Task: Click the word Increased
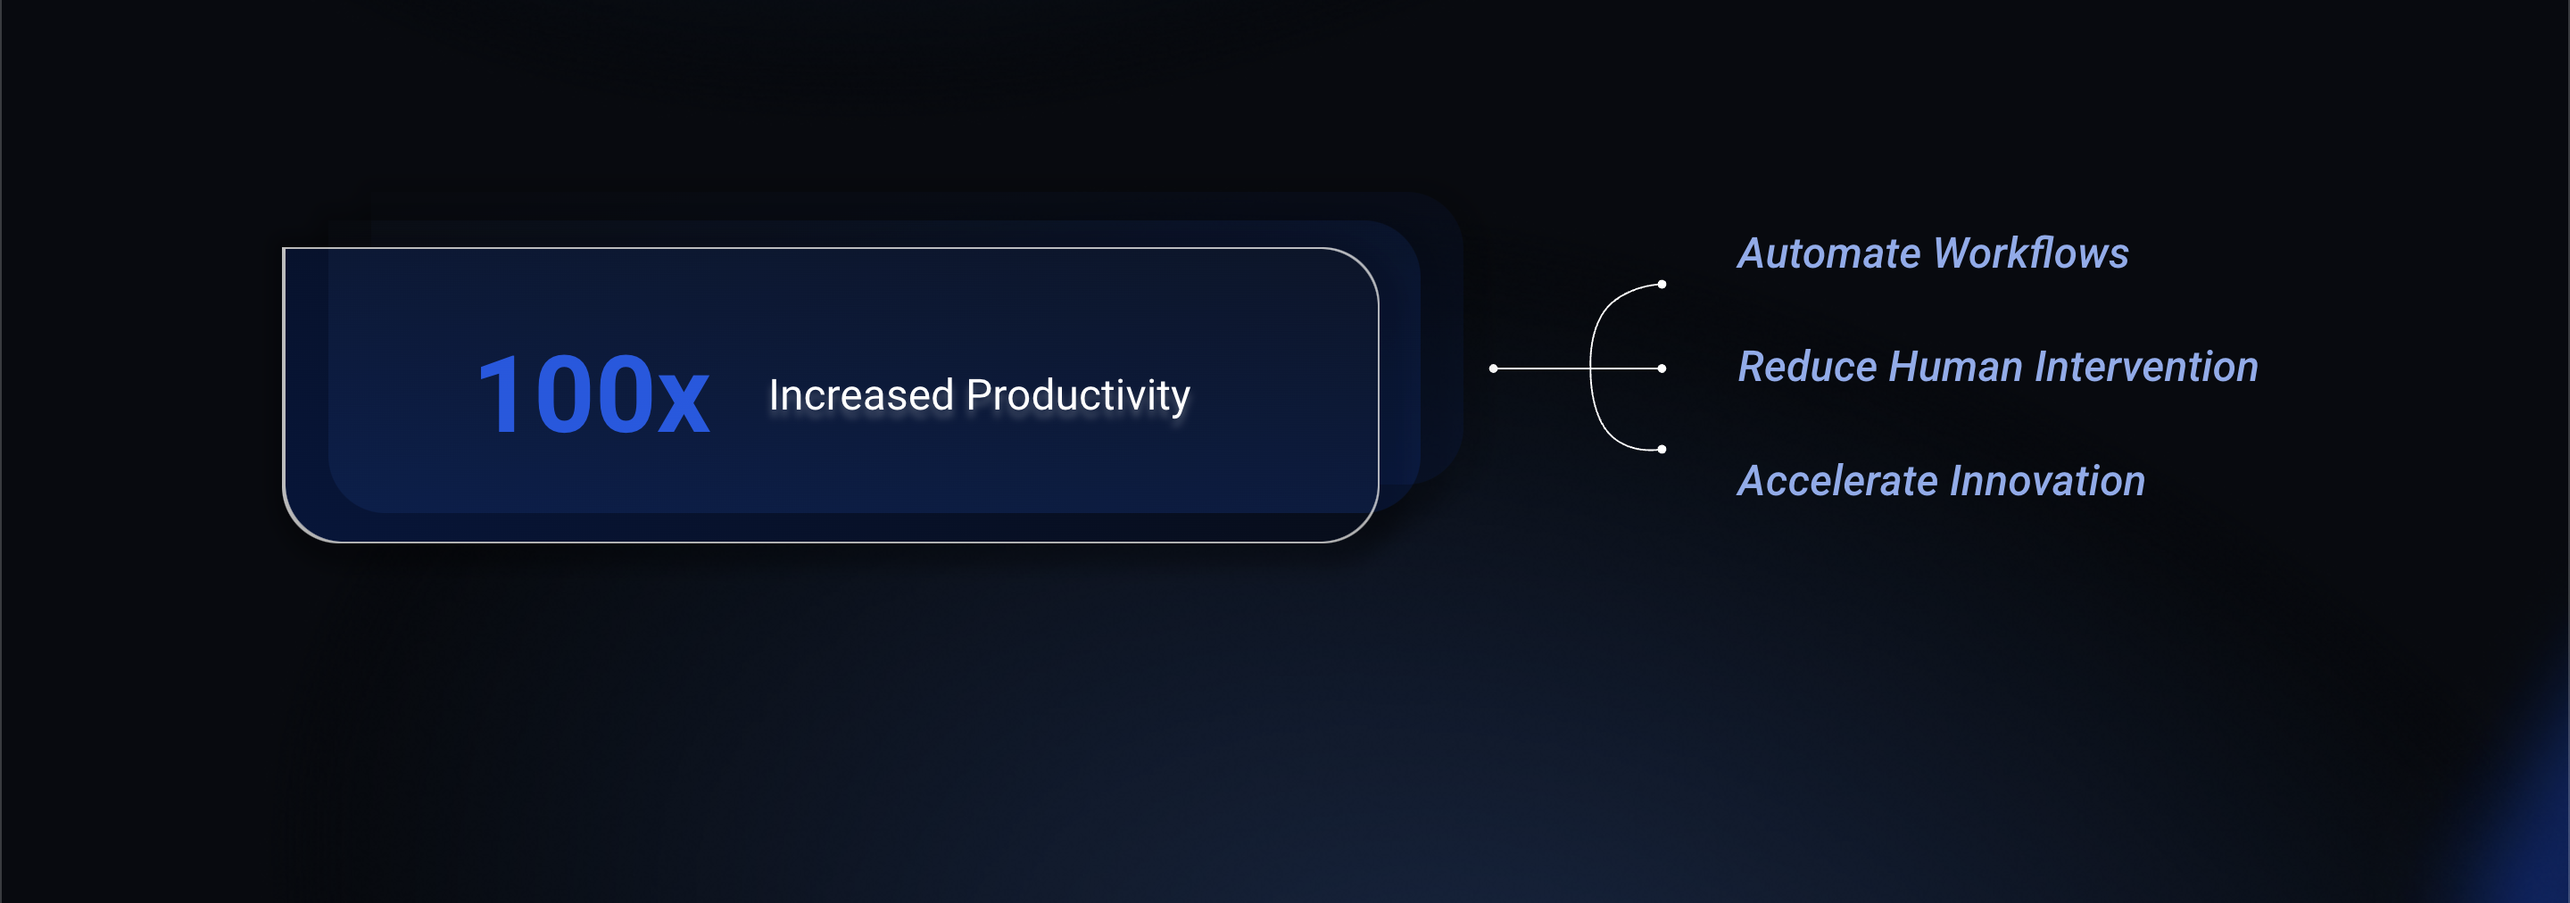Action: [861, 395]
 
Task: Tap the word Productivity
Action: [1079, 397]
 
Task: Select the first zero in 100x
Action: [564, 395]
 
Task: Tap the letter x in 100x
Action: [684, 404]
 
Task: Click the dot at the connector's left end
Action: [1494, 369]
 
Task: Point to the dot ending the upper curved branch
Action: [1662, 285]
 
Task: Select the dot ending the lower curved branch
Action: [1662, 450]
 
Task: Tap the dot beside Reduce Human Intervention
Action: [1662, 369]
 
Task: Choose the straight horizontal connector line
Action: [1578, 369]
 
